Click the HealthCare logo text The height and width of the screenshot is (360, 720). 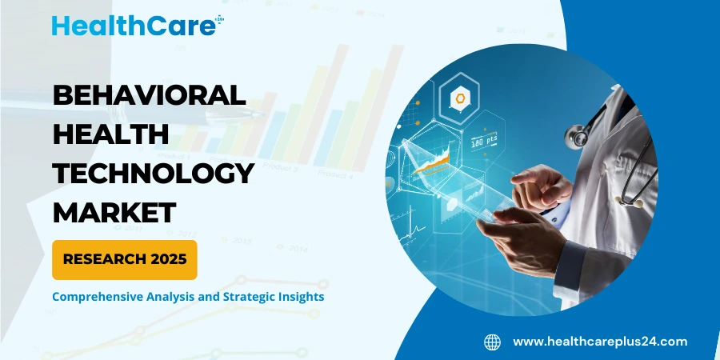[x=133, y=25]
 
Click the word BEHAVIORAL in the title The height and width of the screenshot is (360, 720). [x=149, y=95]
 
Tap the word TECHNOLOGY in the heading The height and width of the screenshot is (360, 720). [x=154, y=173]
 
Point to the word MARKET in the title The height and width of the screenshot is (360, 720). [x=114, y=211]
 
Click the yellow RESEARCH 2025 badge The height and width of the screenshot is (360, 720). [x=124, y=259]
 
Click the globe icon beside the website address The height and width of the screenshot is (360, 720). [x=492, y=342]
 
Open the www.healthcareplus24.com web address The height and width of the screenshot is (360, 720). [x=599, y=342]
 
